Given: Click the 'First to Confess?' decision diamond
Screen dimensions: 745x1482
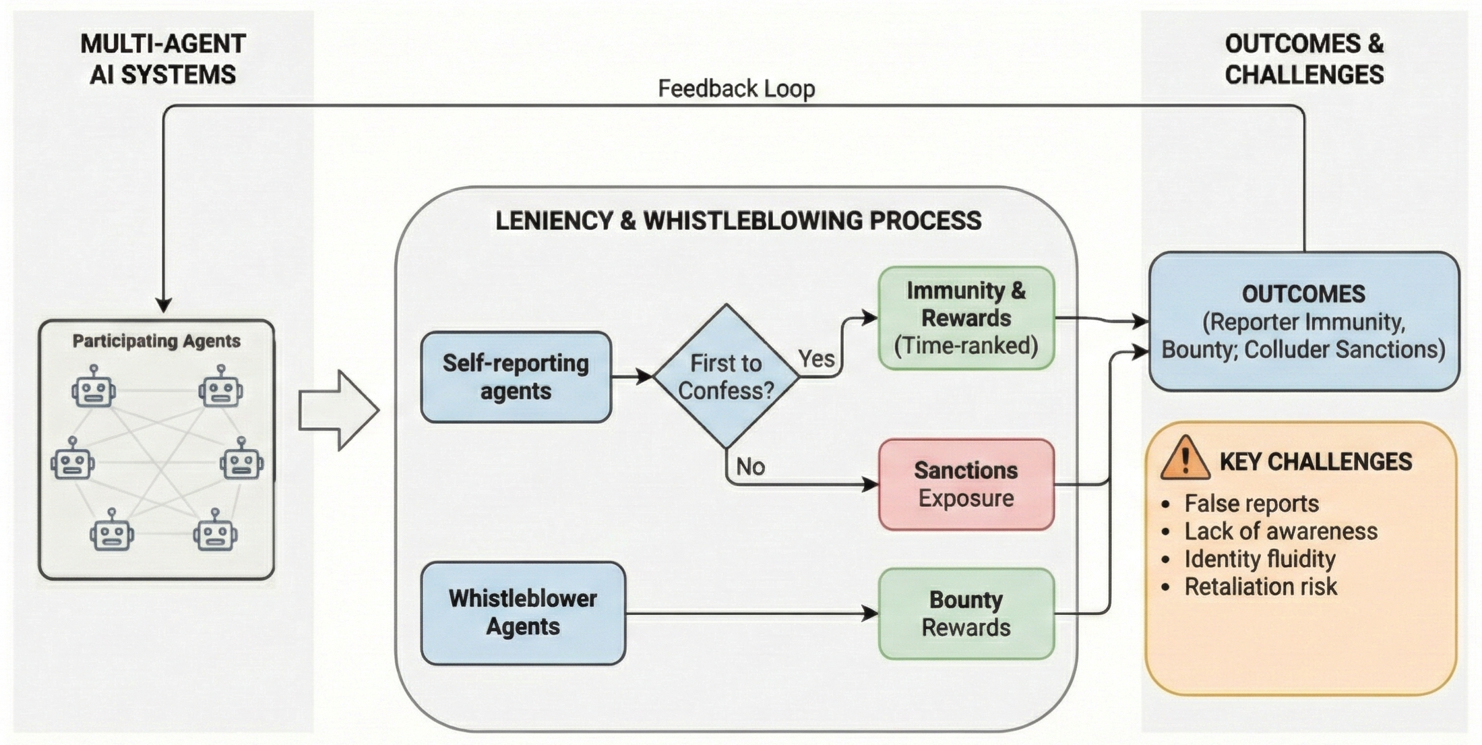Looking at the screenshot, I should pos(726,376).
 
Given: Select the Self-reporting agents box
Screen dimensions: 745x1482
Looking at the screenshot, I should pos(516,377).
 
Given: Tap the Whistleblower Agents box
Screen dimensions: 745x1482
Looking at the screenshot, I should pos(523,612).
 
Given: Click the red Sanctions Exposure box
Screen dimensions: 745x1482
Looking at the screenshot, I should pos(966,484).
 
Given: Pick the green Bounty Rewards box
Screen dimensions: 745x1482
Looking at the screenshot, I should pos(966,614).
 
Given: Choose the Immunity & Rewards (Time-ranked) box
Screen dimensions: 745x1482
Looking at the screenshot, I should pos(966,318).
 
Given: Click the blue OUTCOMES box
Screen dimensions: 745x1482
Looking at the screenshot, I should pos(1303,322).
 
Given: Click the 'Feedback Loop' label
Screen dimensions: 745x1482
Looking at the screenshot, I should pos(736,88).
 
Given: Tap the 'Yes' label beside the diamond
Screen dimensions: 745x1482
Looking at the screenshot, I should pos(816,359).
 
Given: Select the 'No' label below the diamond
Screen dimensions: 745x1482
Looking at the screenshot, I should pos(750,467).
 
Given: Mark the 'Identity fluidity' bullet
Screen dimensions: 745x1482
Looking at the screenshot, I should pos(1259,559).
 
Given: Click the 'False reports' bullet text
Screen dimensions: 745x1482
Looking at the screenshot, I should pos(1251,504).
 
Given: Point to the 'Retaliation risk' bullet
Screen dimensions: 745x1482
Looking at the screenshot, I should pos(1260,587).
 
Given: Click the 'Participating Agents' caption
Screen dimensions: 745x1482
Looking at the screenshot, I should pos(156,341).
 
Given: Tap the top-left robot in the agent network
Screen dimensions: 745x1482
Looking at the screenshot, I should pos(94,388).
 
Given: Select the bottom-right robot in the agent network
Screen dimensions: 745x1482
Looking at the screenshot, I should pos(216,532).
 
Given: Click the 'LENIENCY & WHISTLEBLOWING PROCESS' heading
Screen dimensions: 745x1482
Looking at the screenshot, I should pos(738,221).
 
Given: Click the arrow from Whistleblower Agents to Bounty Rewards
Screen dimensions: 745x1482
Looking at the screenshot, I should pos(748,614).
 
